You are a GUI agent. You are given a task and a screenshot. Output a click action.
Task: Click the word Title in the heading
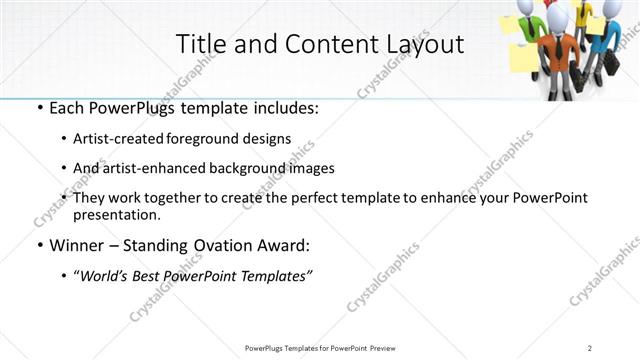click(x=200, y=45)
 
